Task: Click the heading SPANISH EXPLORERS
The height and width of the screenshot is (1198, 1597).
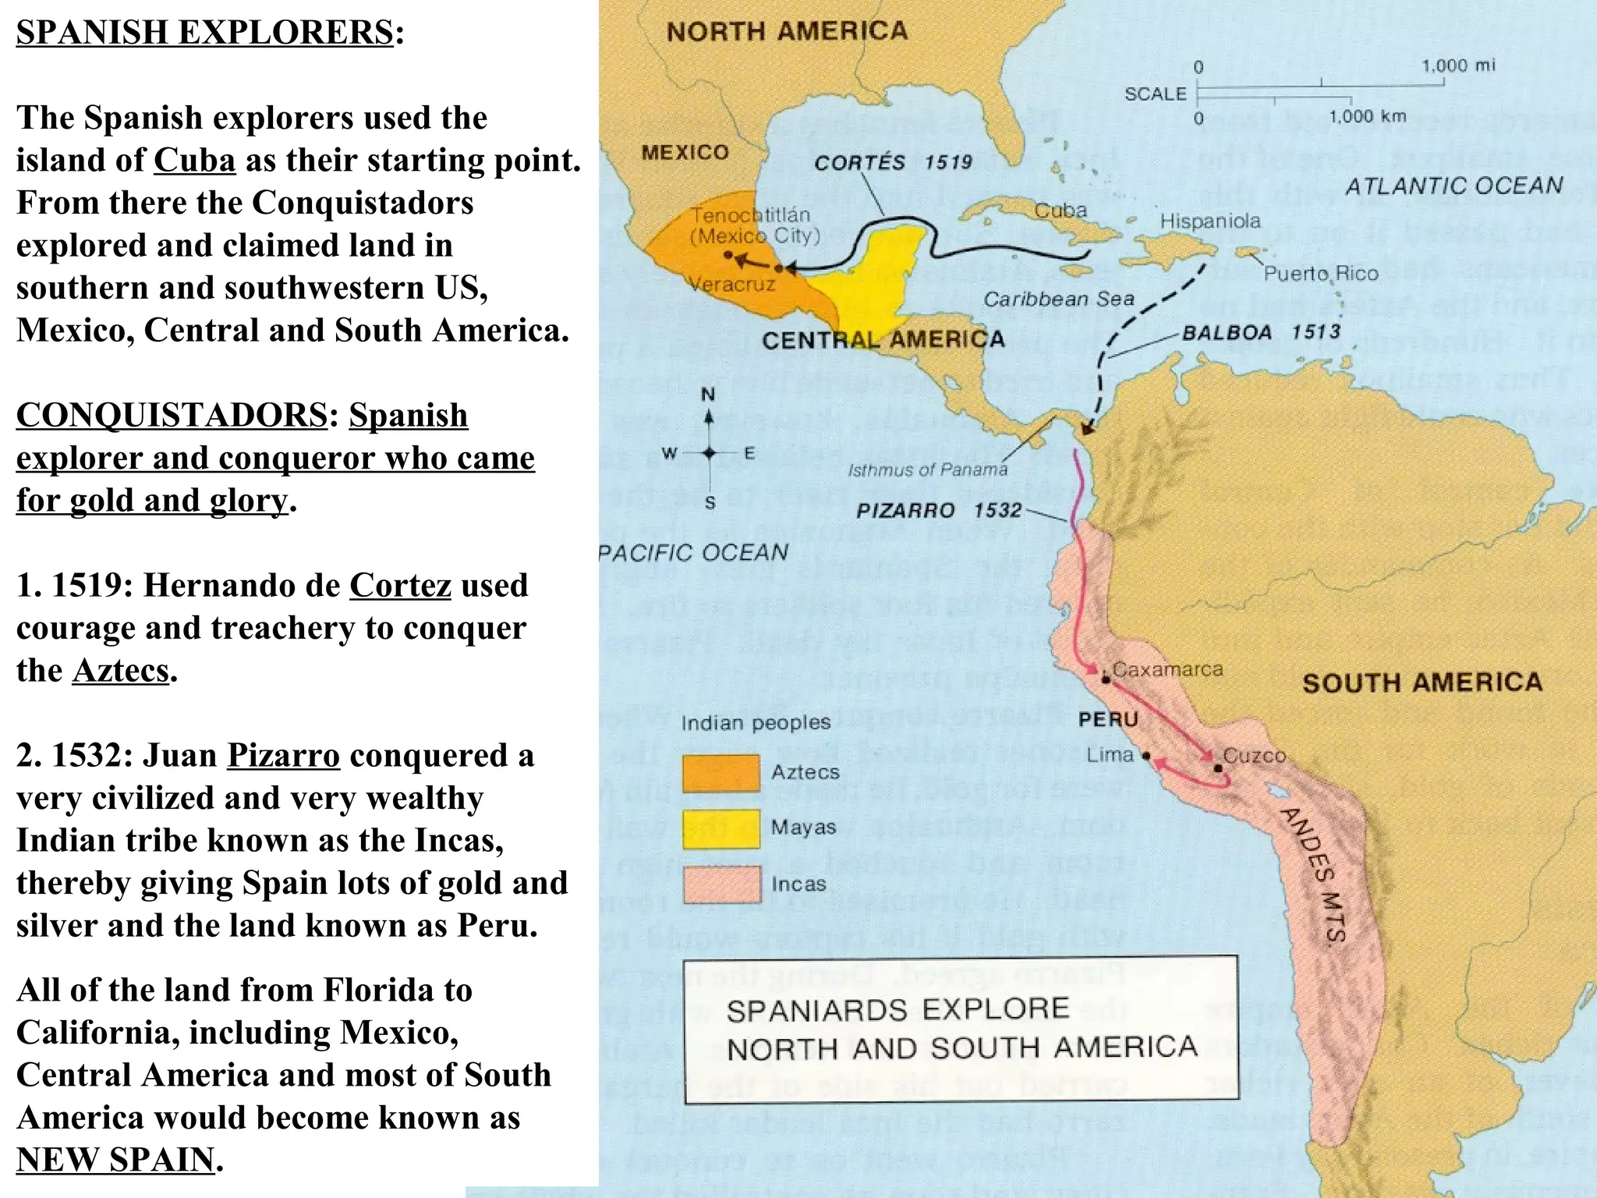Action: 204,33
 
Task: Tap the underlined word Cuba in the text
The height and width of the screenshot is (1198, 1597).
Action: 194,161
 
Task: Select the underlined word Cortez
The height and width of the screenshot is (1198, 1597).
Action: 400,586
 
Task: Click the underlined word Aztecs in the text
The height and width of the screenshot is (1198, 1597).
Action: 121,671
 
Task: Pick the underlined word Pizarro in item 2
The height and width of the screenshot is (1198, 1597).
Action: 283,756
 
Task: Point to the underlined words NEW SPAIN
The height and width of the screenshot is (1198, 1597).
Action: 115,1160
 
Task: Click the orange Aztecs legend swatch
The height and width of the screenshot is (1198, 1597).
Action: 721,773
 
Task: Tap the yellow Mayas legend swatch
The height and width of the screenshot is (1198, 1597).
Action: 721,829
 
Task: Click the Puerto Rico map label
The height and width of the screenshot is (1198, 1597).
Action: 1320,274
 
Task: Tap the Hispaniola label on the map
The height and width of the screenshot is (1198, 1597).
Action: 1209,222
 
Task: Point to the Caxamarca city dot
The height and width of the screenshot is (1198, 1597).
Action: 1106,679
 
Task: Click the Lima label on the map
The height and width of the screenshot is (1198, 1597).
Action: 1110,754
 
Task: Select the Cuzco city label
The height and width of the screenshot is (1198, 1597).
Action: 1253,755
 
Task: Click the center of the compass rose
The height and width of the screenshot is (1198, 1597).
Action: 709,453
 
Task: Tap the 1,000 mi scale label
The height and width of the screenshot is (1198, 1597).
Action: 1458,66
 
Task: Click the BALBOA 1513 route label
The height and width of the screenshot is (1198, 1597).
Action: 1261,332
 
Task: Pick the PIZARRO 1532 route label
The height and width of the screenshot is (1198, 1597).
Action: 938,511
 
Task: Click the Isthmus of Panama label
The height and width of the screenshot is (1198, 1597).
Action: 927,470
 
